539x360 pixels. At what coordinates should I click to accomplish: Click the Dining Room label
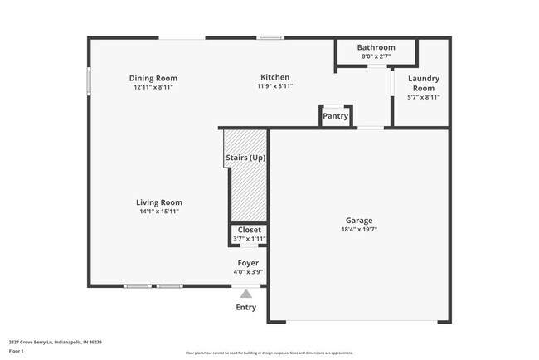point(153,79)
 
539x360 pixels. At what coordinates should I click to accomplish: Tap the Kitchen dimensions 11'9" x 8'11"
point(274,86)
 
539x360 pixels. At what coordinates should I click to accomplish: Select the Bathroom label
point(376,48)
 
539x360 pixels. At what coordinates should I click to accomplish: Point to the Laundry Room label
point(423,83)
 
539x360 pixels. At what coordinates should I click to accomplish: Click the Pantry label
point(335,116)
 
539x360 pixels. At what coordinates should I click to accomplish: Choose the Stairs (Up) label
point(245,158)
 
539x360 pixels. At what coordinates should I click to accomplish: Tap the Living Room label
point(159,202)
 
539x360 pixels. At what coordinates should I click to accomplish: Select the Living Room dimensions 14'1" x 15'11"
point(159,212)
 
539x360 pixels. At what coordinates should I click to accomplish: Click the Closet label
point(249,230)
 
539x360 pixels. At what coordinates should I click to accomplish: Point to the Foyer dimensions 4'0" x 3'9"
point(249,271)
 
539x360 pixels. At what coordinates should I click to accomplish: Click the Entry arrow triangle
point(245,293)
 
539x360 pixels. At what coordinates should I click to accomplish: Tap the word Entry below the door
point(245,307)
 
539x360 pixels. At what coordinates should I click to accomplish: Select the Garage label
point(359,221)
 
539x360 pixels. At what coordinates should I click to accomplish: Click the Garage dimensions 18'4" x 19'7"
point(359,230)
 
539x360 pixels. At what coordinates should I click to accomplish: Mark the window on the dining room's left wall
point(90,82)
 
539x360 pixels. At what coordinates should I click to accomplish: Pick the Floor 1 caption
point(16,351)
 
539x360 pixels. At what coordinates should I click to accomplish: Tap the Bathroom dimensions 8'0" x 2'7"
point(376,56)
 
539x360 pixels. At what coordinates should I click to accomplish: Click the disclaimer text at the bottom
point(269,353)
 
